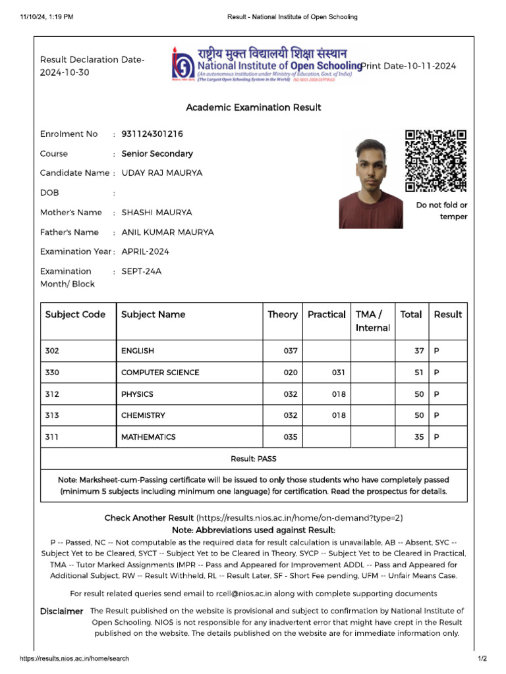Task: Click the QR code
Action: point(436,161)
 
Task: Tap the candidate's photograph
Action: point(371,184)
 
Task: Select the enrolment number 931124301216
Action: point(152,134)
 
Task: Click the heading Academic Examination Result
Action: point(253,107)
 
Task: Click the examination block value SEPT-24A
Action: point(141,271)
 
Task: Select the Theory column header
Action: point(282,315)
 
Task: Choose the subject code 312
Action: point(52,394)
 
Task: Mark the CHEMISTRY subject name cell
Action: point(143,415)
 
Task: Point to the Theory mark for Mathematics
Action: point(291,437)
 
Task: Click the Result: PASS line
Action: point(253,459)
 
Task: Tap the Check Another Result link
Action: point(149,518)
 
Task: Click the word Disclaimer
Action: point(61,611)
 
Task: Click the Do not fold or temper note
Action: point(441,211)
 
